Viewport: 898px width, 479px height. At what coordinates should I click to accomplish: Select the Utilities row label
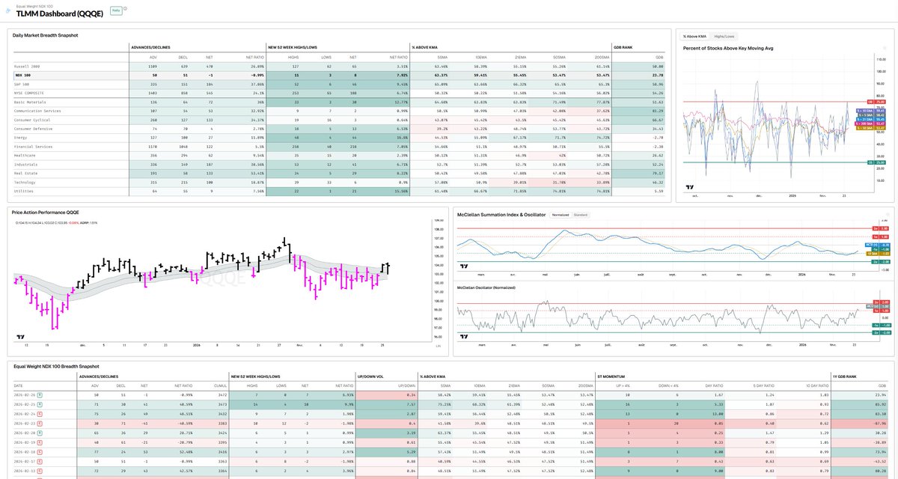point(23,191)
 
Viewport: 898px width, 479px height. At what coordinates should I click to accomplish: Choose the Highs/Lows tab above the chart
point(724,36)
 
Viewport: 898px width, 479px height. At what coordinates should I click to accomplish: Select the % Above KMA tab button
point(694,36)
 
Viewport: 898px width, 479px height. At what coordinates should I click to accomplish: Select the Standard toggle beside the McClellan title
point(580,215)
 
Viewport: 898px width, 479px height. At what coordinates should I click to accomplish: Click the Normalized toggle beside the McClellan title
point(560,215)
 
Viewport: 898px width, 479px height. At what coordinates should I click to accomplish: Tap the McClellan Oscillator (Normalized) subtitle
point(486,287)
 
